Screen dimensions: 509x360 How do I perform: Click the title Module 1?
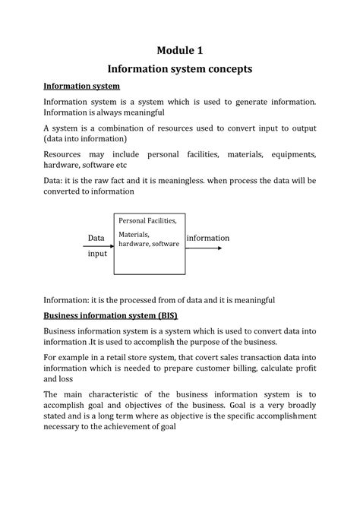pyautogui.click(x=180, y=51)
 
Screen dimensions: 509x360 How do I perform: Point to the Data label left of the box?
pyautogui.click(x=96, y=239)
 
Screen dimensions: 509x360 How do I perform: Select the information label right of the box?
pyautogui.click(x=207, y=238)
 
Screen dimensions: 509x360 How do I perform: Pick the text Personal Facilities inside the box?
pyautogui.click(x=147, y=220)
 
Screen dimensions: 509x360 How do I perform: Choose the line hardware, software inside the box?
pyautogui.click(x=149, y=244)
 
